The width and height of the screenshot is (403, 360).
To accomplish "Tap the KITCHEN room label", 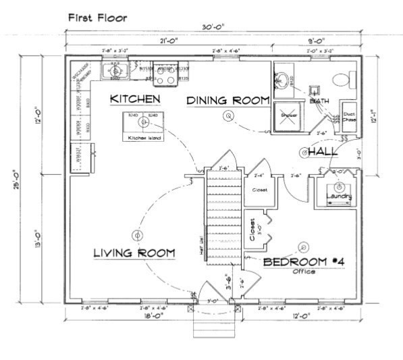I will [x=135, y=99].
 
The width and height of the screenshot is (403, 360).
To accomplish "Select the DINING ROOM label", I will [x=227, y=101].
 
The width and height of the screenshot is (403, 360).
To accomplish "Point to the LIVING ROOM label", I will [x=134, y=253].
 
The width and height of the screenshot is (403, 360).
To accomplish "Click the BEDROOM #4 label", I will [x=304, y=261].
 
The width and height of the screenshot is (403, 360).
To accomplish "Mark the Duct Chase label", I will [x=349, y=118].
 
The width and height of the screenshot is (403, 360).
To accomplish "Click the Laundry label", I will [x=338, y=197].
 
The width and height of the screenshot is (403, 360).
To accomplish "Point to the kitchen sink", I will [x=116, y=71].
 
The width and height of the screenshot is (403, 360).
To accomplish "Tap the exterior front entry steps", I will [x=213, y=324].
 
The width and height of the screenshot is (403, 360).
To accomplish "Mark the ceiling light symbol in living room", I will [x=138, y=236].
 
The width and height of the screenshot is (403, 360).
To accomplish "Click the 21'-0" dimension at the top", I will [x=169, y=42].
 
